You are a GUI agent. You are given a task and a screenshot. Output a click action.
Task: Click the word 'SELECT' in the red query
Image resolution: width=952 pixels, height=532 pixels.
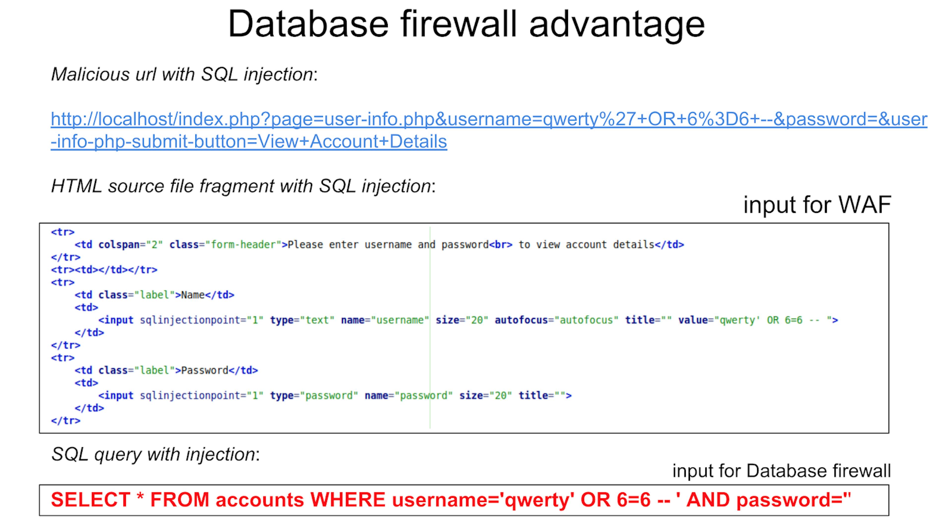[90, 500]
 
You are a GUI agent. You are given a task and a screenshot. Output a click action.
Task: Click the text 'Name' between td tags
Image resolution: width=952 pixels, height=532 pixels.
[193, 295]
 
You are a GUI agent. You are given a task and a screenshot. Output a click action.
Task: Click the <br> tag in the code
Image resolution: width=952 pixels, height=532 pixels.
[501, 245]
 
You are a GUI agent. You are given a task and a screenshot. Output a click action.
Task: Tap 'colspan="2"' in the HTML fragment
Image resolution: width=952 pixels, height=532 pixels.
[130, 245]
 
